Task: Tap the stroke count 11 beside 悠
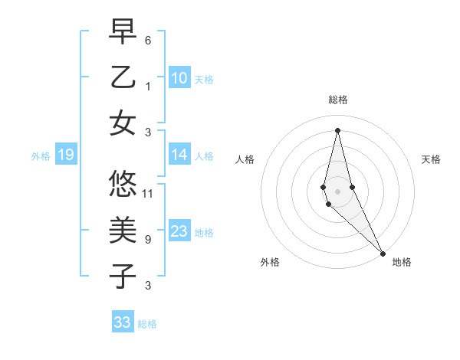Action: (148, 193)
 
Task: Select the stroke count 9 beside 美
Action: (148, 239)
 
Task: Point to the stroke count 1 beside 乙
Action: (148, 86)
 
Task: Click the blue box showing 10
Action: (179, 78)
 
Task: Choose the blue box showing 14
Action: (179, 155)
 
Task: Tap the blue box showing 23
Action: (179, 231)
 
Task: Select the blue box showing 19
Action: (65, 155)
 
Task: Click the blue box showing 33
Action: (122, 322)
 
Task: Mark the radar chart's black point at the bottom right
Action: (383, 252)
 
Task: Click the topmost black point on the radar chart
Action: (337, 129)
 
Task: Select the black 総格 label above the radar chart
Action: (338, 100)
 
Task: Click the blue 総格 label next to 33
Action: (147, 324)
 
